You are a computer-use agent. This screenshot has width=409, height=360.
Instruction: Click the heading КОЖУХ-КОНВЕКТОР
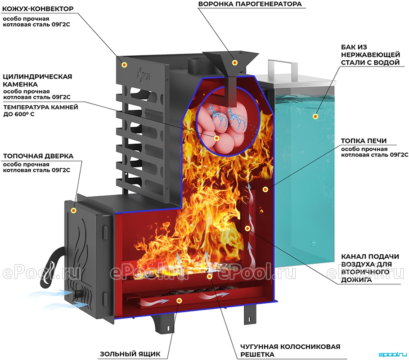point(38,9)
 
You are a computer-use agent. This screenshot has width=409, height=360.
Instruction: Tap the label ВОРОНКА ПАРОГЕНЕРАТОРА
point(250,4)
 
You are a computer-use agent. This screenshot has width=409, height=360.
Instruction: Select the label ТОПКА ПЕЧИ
point(364,141)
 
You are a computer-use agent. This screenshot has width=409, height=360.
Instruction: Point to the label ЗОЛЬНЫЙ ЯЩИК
point(130,354)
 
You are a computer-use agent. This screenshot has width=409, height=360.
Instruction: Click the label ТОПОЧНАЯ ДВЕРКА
point(38,156)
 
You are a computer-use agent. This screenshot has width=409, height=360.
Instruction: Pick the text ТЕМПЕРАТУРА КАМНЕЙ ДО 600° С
point(40,111)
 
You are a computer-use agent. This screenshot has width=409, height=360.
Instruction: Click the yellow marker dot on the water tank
point(315,117)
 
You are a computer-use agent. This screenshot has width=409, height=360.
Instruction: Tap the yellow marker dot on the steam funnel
point(234,63)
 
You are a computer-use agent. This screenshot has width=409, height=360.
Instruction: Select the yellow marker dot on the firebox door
point(74,210)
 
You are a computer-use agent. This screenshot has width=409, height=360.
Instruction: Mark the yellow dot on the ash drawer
point(179,301)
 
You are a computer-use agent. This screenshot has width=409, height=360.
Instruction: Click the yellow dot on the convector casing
point(125,64)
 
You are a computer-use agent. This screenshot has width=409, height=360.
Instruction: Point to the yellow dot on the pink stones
point(216,138)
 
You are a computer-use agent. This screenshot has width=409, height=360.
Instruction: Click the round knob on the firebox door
point(77,294)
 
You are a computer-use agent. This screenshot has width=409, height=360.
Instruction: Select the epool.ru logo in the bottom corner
point(392,355)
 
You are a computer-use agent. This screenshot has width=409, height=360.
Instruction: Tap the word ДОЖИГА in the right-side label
point(356,280)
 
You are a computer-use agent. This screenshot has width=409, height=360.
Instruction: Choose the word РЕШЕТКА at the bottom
point(257,354)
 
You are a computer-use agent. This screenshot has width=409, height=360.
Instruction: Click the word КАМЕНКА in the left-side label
point(20,84)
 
